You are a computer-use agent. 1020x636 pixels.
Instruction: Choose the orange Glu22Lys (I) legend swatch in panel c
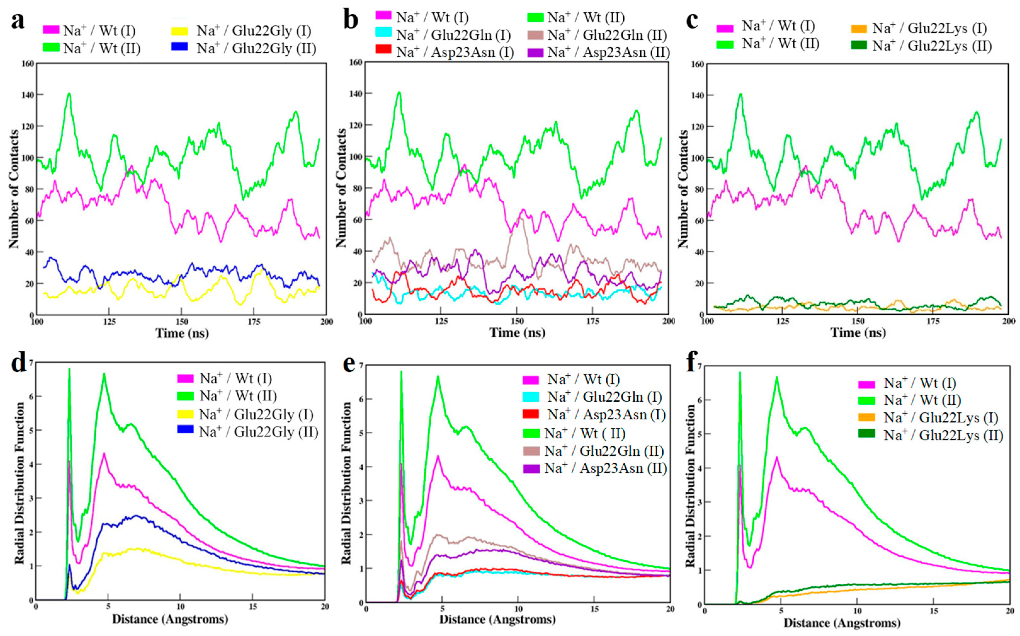tap(858, 29)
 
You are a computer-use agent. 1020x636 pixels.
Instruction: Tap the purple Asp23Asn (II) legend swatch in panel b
tap(535, 52)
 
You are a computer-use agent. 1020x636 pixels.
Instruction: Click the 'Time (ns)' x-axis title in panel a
tap(182, 333)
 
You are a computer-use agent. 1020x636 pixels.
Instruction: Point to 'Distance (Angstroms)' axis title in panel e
tap(497, 620)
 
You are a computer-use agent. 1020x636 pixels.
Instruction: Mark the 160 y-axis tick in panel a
tap(28, 64)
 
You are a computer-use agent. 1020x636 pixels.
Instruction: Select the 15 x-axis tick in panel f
tap(933, 612)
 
